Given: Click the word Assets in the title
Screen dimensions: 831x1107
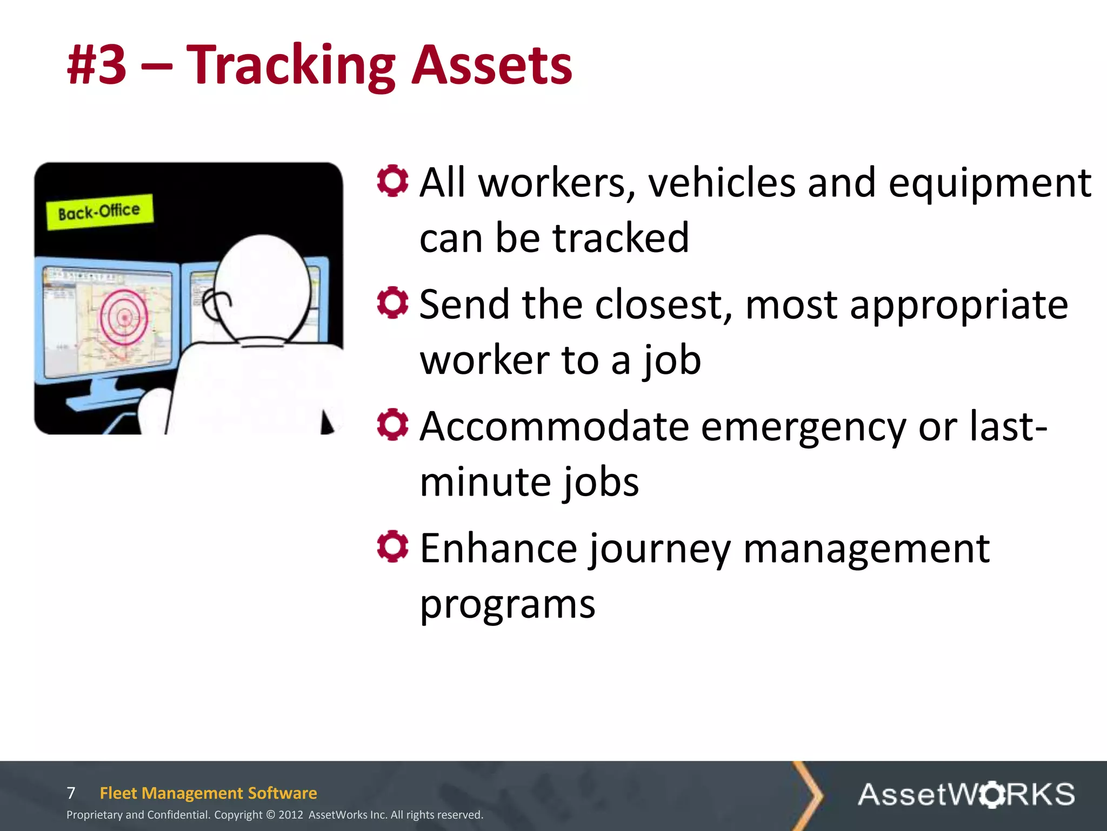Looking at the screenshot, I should pyautogui.click(x=492, y=66).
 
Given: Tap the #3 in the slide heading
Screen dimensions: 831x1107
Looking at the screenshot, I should pyautogui.click(x=97, y=66).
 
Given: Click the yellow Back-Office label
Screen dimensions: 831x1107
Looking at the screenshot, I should pyautogui.click(x=99, y=211).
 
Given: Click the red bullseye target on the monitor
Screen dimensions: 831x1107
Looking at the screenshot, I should pyautogui.click(x=124, y=318).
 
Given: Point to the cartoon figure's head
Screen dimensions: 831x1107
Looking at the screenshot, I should pyautogui.click(x=263, y=287).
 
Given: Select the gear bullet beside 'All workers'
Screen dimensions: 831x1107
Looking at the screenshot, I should pyautogui.click(x=392, y=181).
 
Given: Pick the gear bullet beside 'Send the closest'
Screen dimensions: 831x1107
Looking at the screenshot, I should pyautogui.click(x=392, y=302).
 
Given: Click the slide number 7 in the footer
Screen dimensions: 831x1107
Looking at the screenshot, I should pyautogui.click(x=71, y=793).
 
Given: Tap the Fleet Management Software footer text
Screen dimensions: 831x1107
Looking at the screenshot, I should pyautogui.click(x=208, y=793).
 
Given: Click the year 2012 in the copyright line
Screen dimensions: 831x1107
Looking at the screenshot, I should pyautogui.click(x=291, y=815).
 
